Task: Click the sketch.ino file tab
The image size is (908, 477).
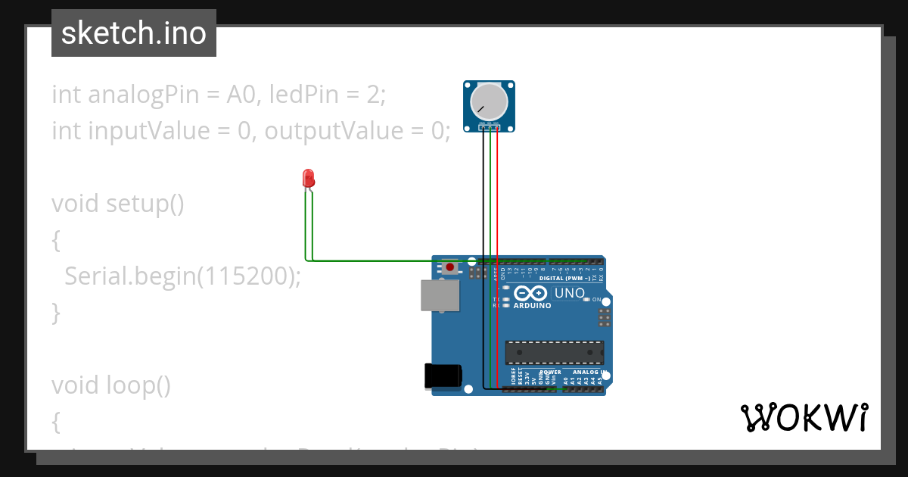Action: click(133, 33)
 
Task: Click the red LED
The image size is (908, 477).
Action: click(309, 178)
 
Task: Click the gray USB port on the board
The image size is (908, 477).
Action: click(440, 295)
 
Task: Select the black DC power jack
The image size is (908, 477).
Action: click(443, 376)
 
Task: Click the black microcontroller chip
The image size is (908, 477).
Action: click(555, 352)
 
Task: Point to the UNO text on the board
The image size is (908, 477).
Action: click(570, 293)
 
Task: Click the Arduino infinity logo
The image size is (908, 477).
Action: click(530, 294)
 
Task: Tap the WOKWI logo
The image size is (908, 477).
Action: click(804, 418)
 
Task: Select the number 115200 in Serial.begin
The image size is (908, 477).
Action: click(243, 276)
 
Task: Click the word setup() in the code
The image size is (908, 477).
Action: click(145, 204)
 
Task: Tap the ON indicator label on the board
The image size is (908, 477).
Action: click(596, 300)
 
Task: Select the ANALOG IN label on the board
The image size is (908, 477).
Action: click(586, 373)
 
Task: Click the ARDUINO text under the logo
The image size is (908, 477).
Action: click(531, 307)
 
